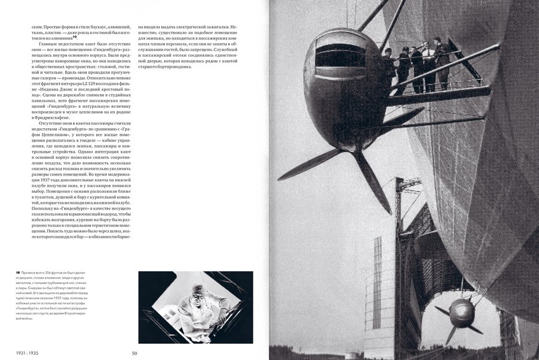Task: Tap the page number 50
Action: coord(135,353)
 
